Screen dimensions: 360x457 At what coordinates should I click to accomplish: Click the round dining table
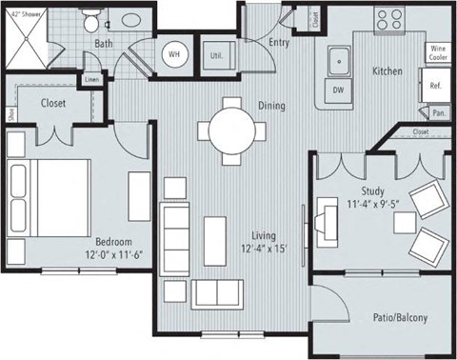(229, 127)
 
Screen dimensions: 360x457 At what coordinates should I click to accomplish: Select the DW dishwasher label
(339, 91)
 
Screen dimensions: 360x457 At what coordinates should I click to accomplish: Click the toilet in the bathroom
(90, 20)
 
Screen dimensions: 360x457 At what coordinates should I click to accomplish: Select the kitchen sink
(338, 63)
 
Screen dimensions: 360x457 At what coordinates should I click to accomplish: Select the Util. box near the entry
(217, 56)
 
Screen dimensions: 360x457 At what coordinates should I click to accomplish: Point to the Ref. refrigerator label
(435, 86)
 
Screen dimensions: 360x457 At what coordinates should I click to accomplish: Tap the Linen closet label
(90, 79)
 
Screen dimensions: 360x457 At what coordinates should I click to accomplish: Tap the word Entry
(279, 43)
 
